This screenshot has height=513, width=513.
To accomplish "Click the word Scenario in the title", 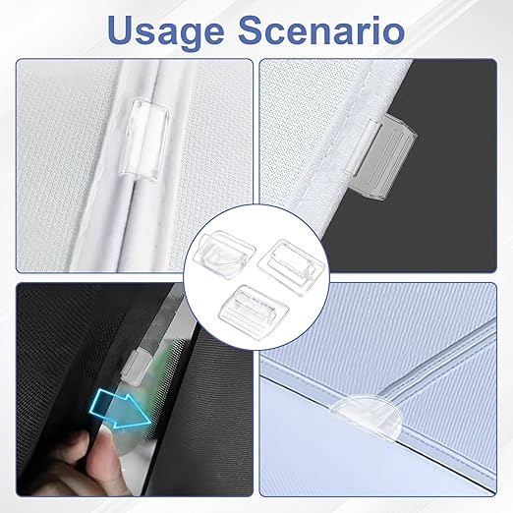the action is click(x=321, y=29).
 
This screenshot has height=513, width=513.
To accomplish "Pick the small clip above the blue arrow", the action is click(x=135, y=366).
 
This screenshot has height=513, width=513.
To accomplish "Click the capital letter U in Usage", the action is click(x=122, y=29).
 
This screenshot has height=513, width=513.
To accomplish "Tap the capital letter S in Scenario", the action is click(x=253, y=29).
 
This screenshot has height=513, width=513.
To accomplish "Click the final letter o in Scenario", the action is click(x=393, y=33).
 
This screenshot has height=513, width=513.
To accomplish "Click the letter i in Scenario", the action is click(x=373, y=29).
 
